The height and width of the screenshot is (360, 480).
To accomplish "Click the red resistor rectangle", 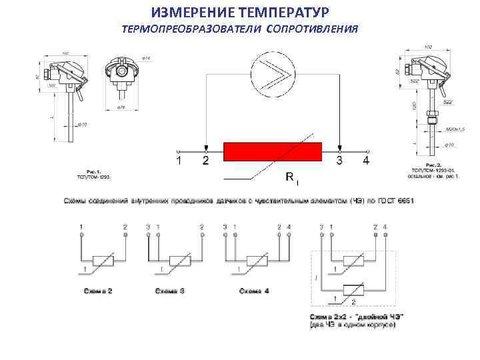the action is coord(273,151).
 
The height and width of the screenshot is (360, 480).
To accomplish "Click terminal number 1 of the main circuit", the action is coord(178,160).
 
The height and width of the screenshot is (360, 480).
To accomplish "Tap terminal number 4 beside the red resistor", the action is coord(365,160).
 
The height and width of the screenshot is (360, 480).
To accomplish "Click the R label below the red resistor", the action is coord(291,177).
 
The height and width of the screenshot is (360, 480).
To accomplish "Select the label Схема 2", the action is coord(98,291).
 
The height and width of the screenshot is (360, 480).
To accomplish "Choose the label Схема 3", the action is coord(170,291).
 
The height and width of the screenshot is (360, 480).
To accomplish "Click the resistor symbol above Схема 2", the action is coord(103,261).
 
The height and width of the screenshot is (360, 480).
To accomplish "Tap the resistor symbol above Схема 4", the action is coord(256,261).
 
